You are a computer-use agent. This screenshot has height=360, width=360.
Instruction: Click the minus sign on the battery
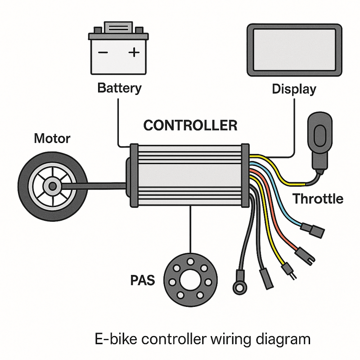pos(103,53)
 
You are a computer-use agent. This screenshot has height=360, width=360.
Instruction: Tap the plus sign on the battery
pos(134,53)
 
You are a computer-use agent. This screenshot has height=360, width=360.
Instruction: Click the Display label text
pos(294,89)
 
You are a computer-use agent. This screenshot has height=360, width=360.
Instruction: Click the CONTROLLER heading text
pos(190,125)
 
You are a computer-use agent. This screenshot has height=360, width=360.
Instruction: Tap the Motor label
pos(52,138)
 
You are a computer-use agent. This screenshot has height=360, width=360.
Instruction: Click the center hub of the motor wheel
pos(53,185)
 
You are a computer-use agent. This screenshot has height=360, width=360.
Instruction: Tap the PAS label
pos(142,280)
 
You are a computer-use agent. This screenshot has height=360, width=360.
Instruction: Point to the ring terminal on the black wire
pos(237,285)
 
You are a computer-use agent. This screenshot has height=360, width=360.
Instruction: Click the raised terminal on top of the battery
pos(119,27)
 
